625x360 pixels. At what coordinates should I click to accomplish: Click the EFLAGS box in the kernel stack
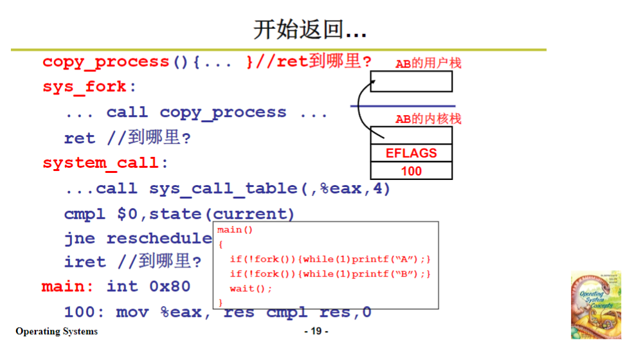[411, 153]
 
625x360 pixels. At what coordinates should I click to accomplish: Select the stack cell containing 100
[411, 171]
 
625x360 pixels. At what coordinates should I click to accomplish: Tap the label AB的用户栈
[428, 63]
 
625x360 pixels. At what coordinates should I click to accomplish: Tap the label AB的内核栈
[428, 119]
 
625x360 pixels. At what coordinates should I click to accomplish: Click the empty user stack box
[412, 82]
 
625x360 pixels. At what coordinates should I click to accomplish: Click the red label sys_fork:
[90, 87]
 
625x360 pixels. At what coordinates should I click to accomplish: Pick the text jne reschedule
[138, 239]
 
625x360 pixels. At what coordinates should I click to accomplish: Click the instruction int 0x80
[148, 286]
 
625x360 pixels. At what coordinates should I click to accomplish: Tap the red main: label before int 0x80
[68, 286]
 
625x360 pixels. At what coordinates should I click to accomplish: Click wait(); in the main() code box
[251, 288]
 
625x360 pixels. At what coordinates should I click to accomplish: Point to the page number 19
[316, 332]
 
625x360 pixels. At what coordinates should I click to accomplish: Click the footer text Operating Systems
[57, 332]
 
